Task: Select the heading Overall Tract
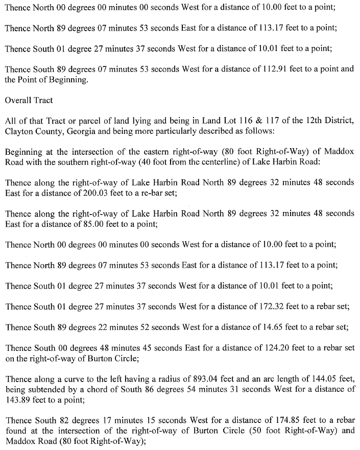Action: click(29, 100)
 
